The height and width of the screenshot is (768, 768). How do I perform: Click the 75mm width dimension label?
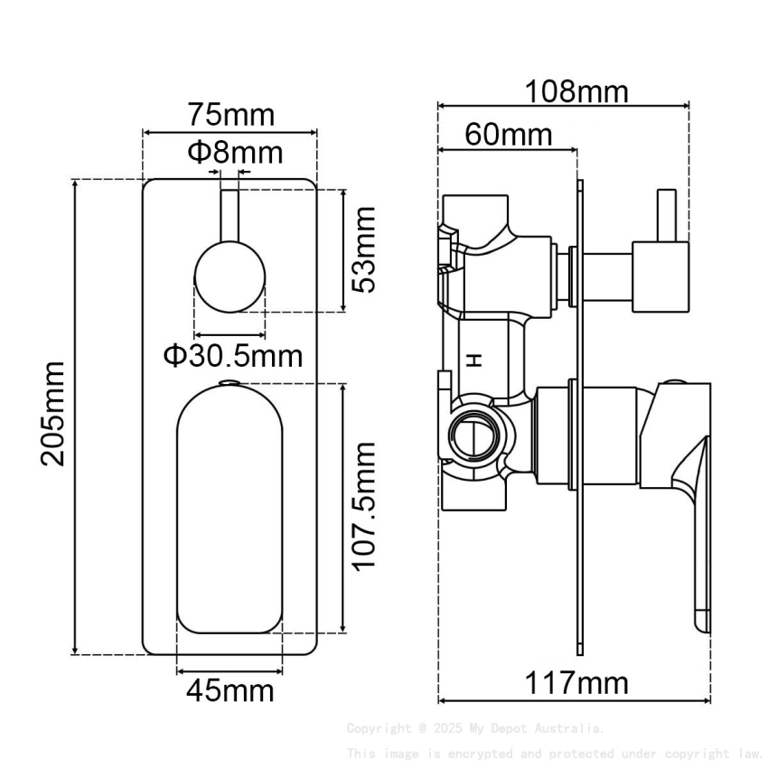[230, 116]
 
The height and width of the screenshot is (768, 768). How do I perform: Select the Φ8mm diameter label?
[234, 151]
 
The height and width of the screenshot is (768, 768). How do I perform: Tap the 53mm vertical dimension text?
[364, 249]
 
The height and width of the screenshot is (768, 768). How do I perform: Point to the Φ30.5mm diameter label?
[232, 355]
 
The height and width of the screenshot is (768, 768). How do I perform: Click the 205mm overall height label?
[53, 413]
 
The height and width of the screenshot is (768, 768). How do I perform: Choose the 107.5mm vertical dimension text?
[364, 505]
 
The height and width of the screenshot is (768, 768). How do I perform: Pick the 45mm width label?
[229, 691]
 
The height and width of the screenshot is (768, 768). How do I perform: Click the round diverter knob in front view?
[229, 276]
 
